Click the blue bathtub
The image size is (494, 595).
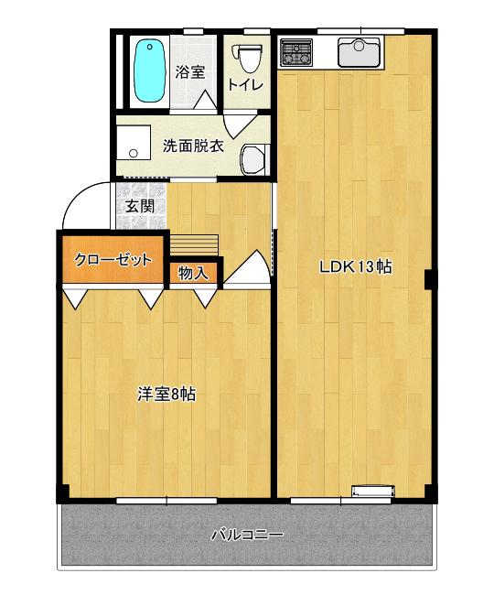pos(150,71)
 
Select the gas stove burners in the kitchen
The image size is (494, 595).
pos(296,51)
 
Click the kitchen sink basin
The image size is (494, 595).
pos(359,52)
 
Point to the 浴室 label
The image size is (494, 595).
pos(190,72)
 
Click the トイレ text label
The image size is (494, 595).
pos(245,85)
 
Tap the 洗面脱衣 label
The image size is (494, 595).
pos(193,146)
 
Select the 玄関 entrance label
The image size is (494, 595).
pos(140,207)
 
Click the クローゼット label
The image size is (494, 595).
pos(113,260)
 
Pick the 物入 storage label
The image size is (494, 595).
pos(193,273)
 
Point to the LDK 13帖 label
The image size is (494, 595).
pos(356,266)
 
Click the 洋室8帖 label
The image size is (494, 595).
pos(166,395)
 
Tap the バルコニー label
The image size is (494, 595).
pos(247,535)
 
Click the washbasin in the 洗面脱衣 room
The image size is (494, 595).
pos(254,159)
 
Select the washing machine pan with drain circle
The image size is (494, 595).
pos(133,143)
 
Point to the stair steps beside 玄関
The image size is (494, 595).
pos(194,244)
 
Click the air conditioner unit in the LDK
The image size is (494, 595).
pos(373,491)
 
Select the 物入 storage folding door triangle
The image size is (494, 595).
pos(206,298)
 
